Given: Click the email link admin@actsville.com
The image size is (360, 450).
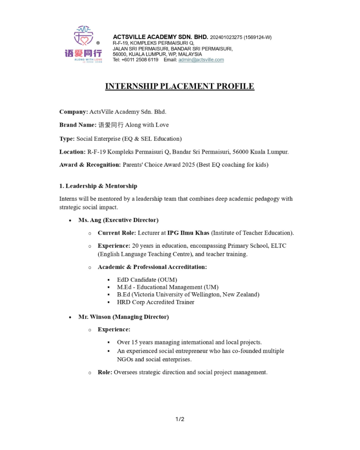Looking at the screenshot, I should (201, 60).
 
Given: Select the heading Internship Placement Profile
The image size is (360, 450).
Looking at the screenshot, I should (179, 86).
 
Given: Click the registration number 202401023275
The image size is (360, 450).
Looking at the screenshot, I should (226, 37).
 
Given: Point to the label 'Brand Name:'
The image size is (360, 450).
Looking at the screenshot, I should (78, 125).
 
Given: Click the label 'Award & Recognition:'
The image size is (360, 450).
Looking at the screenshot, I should (90, 165).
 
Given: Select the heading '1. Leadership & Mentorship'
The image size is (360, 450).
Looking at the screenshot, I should (98, 186).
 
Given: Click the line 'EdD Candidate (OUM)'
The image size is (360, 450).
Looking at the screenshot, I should (147, 279).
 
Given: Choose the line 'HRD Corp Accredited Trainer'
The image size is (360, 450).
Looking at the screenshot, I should (155, 302).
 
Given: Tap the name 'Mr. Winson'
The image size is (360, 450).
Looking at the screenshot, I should (91, 316).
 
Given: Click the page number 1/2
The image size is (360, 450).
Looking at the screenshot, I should (180, 419).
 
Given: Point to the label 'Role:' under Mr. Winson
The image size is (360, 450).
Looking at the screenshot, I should (105, 372).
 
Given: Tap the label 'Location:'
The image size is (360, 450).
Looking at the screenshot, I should (73, 152).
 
